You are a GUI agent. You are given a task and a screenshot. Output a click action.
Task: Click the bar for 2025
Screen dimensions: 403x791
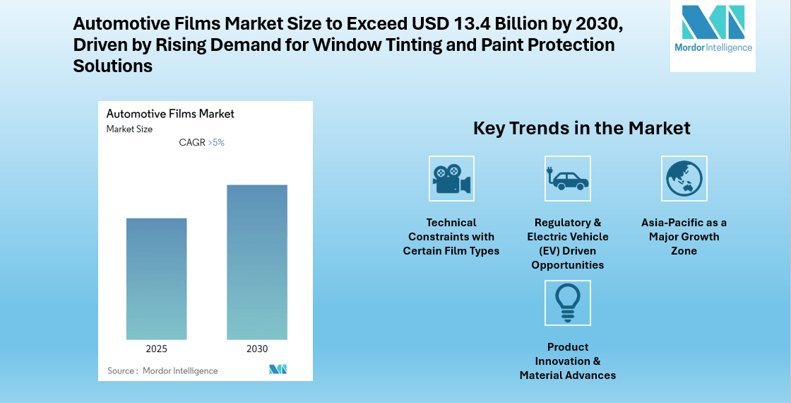tap(157, 279)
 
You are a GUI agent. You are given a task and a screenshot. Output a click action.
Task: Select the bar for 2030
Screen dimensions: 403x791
tap(257, 262)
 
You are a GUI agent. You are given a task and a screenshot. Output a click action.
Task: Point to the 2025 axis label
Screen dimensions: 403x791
tap(157, 349)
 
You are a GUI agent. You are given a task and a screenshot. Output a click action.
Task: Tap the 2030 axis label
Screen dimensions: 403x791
tap(257, 349)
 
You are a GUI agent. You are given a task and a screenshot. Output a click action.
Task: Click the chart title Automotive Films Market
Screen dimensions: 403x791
tap(169, 113)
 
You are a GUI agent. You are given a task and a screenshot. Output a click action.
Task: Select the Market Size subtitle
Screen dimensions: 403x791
tap(129, 129)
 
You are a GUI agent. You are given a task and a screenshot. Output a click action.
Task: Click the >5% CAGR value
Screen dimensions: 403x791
tap(216, 142)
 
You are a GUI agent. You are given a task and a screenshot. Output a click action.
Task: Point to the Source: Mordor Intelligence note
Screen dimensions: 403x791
tap(162, 370)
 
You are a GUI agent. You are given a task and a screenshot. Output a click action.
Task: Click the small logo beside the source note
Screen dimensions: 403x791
tap(278, 370)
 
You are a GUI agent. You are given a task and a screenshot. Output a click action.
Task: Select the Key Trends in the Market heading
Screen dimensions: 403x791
tap(581, 128)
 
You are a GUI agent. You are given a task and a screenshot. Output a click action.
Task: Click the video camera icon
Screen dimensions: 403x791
tap(451, 179)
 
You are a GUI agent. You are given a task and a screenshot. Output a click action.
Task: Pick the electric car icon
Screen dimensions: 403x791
tap(567, 179)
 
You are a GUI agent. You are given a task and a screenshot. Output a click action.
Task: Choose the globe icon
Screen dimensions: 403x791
tap(684, 179)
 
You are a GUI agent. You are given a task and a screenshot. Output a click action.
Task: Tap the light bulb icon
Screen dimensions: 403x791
tap(567, 303)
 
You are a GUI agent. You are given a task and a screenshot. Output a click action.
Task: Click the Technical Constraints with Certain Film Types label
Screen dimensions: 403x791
tap(451, 237)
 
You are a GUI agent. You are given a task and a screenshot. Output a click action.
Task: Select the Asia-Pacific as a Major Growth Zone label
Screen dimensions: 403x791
tap(684, 237)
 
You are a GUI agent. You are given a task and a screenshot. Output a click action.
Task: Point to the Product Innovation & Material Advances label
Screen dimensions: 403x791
tap(567, 361)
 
